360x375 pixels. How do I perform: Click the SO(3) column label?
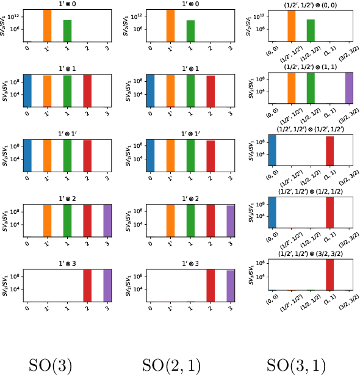click(51, 365)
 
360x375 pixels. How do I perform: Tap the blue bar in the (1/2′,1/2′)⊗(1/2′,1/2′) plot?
click(272, 150)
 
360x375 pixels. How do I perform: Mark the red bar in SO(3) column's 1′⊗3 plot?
click(87, 286)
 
